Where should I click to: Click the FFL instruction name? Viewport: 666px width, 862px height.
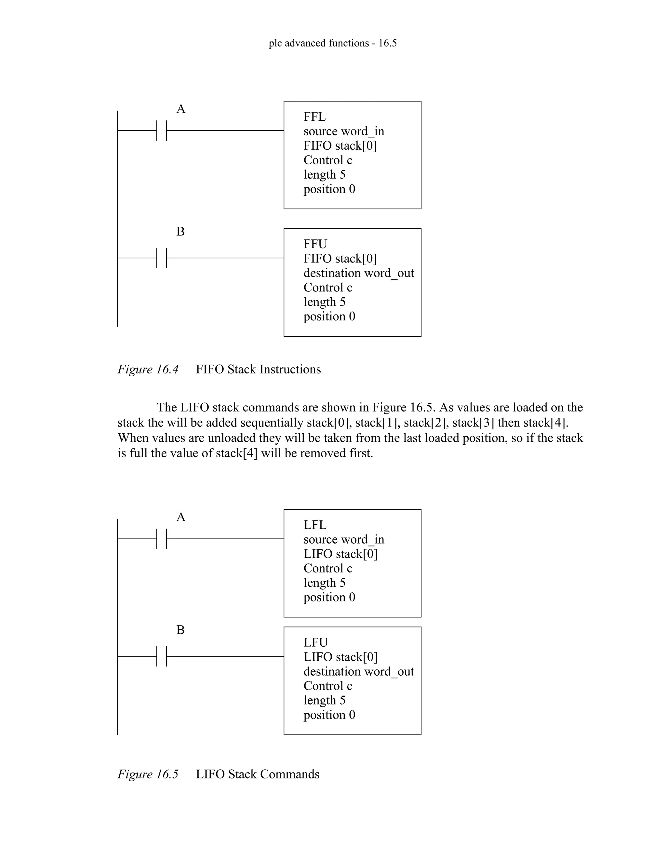pyautogui.click(x=314, y=117)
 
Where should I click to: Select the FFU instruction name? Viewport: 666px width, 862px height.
pyautogui.click(x=315, y=244)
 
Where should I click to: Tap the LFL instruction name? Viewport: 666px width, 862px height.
pyautogui.click(x=315, y=525)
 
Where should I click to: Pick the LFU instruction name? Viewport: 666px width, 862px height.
pyautogui.click(x=316, y=642)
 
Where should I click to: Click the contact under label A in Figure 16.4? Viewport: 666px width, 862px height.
pyautogui.click(x=162, y=131)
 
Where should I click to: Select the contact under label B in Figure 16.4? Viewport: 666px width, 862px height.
pyautogui.click(x=162, y=258)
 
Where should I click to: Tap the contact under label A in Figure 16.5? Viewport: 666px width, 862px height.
pyautogui.click(x=162, y=539)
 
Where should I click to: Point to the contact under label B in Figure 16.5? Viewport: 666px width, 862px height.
pyautogui.click(x=162, y=656)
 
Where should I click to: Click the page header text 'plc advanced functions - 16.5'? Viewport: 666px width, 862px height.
pyautogui.click(x=333, y=43)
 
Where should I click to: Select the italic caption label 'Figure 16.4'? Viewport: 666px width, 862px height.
pyautogui.click(x=148, y=370)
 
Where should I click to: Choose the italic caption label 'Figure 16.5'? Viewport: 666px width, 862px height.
pyautogui.click(x=148, y=774)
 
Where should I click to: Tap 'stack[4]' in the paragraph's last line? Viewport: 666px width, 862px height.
pyautogui.click(x=236, y=453)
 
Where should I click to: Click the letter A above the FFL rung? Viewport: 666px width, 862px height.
pyautogui.click(x=181, y=109)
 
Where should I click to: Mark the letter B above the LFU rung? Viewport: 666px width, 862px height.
pyautogui.click(x=180, y=630)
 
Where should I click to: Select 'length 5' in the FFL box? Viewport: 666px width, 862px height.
pyautogui.click(x=324, y=174)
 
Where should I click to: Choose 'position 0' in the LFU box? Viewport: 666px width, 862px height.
pyautogui.click(x=329, y=715)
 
